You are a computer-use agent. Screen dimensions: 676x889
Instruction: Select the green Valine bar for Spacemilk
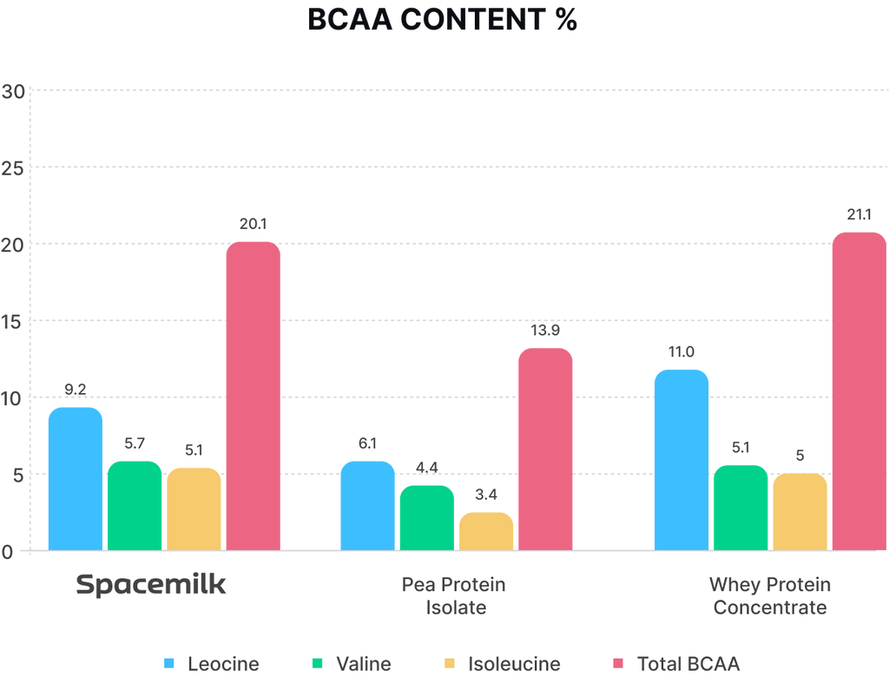coord(135,505)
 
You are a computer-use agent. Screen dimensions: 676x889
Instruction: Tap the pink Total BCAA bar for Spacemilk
coord(253,396)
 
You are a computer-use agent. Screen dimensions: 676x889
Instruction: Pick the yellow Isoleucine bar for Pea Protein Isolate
coord(485,530)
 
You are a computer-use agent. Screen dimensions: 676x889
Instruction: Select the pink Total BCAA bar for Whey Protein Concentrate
coord(859,391)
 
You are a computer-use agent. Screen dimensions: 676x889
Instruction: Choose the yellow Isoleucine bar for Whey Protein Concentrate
coord(800,511)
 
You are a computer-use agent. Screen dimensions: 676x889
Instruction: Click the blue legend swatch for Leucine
coord(169,664)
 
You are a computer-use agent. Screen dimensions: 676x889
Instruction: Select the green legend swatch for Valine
coord(318,664)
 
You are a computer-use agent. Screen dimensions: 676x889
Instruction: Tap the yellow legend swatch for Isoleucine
coord(450,664)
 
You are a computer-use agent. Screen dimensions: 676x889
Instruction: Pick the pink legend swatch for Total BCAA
coord(618,664)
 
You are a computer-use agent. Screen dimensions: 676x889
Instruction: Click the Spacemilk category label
coord(151,585)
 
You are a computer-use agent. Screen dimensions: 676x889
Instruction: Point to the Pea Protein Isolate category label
coord(454,595)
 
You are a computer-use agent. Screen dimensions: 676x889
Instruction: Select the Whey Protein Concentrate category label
coord(770,595)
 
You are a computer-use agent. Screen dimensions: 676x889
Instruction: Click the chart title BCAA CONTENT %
coord(442,19)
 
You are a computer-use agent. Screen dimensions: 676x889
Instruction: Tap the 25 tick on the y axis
coord(12,167)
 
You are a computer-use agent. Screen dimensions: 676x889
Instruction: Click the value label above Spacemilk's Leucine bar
coord(76,389)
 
